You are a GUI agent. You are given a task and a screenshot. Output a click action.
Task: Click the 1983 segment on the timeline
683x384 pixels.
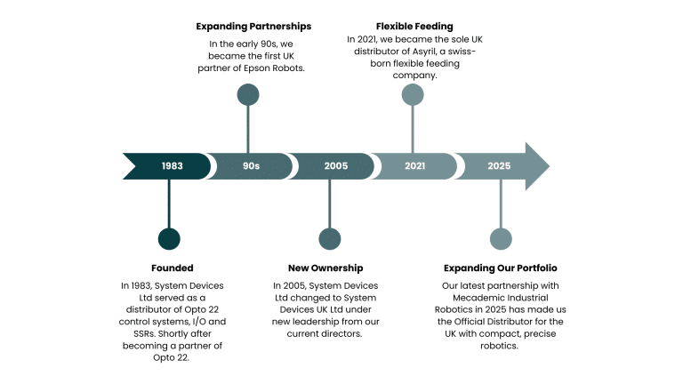173,166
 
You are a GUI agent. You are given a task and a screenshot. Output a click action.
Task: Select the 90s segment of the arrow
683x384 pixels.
251,166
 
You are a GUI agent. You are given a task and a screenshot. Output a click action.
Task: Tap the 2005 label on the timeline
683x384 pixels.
335,166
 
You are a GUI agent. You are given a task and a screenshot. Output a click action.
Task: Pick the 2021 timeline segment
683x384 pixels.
414,166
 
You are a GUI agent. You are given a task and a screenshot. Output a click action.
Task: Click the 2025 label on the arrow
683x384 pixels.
499,166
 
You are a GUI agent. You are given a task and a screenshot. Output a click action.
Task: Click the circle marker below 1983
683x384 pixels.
169,238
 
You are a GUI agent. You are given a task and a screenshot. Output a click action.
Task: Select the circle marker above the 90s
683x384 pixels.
248,94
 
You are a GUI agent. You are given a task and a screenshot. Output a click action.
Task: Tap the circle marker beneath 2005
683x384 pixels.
330,238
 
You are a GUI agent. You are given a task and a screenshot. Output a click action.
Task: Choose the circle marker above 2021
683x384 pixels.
413,94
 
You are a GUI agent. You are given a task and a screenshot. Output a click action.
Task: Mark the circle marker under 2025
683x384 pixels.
502,238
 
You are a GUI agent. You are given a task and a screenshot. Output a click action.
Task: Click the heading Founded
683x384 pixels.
173,268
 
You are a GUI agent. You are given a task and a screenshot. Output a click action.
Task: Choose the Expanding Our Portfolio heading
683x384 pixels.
501,268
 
